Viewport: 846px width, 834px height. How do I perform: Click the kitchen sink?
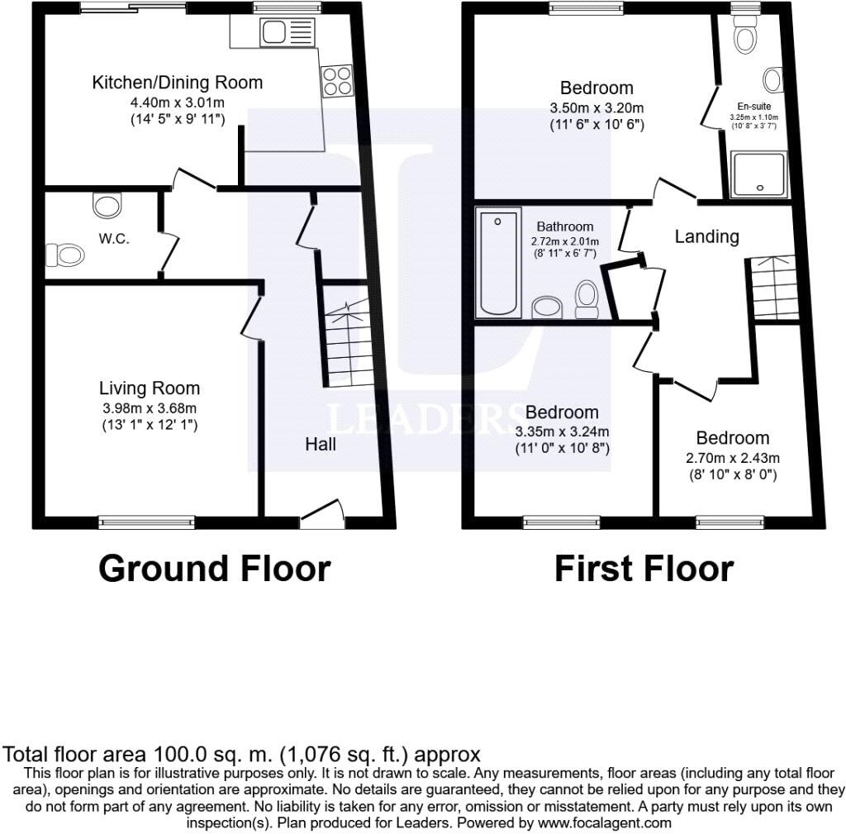point(287,32)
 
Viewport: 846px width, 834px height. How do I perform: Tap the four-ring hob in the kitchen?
point(337,82)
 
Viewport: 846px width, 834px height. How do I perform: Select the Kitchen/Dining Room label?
point(178,83)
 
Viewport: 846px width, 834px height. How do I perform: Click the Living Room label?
point(150,388)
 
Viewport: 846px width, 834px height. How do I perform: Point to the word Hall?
point(321,444)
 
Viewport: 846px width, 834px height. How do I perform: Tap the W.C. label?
point(114,239)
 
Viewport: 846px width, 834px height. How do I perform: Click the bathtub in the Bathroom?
point(498,262)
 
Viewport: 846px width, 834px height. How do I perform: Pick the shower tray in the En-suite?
point(758,174)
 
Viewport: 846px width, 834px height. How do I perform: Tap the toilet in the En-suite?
point(745,33)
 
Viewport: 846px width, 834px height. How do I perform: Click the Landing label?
point(707,236)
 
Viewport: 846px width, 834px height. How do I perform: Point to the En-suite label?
point(753,107)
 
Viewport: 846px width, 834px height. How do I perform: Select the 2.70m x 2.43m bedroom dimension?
point(732,458)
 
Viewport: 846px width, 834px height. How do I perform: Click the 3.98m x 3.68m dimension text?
point(150,408)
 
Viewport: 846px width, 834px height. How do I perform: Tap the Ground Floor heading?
point(215,569)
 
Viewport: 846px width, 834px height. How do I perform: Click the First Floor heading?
point(644,569)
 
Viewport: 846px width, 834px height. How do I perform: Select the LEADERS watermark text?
point(426,419)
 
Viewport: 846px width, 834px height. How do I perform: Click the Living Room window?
point(146,522)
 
